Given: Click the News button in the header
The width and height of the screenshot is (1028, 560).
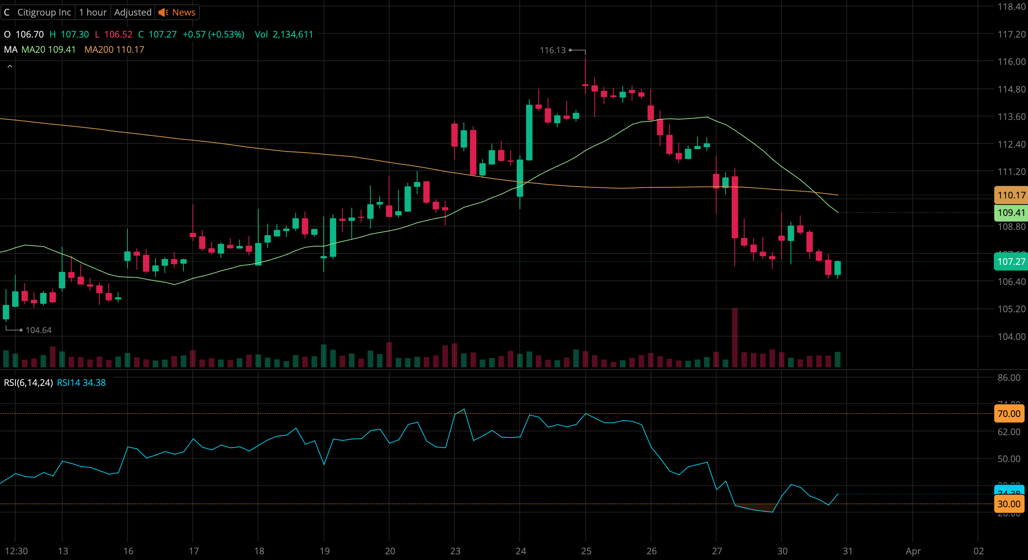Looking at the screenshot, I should pos(177,13).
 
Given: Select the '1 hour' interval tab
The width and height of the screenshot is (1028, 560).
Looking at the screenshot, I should pos(93,13).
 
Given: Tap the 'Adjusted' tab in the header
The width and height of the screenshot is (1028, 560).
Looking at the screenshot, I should pos(132,13).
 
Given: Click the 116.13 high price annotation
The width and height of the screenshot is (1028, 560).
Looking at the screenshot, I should pos(553,50).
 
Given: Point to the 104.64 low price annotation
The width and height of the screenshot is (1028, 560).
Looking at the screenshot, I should pos(38,330).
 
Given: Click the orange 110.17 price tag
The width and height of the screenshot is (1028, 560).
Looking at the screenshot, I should pos(1011,195).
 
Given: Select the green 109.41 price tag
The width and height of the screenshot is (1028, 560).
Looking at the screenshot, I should pos(1011,212).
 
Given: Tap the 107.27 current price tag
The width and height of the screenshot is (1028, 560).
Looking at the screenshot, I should pos(1011,262).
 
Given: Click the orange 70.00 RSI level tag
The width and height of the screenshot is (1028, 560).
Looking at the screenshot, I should pos(1009,414).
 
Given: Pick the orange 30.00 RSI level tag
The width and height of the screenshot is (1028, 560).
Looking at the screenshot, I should pos(1009,504).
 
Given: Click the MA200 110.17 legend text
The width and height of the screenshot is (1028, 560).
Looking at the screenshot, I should pos(114,49).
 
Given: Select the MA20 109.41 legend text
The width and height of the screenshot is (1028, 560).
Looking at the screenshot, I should pos(48,49).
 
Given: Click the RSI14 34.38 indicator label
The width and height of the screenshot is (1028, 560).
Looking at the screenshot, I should pos(82,382).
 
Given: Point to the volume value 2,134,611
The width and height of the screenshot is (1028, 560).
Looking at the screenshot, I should pos(293,34).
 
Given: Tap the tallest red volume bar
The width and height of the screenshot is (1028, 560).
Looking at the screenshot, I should pos(735,337).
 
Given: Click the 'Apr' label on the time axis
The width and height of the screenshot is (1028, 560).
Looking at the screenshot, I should pos(913,551).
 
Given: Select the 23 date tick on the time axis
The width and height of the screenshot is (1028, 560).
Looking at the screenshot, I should pos(455,551).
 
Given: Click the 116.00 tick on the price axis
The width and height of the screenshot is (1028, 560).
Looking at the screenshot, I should pos(1011,61).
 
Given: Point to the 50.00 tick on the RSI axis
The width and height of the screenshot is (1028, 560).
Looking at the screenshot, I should pos(1009,459).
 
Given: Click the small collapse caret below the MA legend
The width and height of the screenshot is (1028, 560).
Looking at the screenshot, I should pos(10,66).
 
